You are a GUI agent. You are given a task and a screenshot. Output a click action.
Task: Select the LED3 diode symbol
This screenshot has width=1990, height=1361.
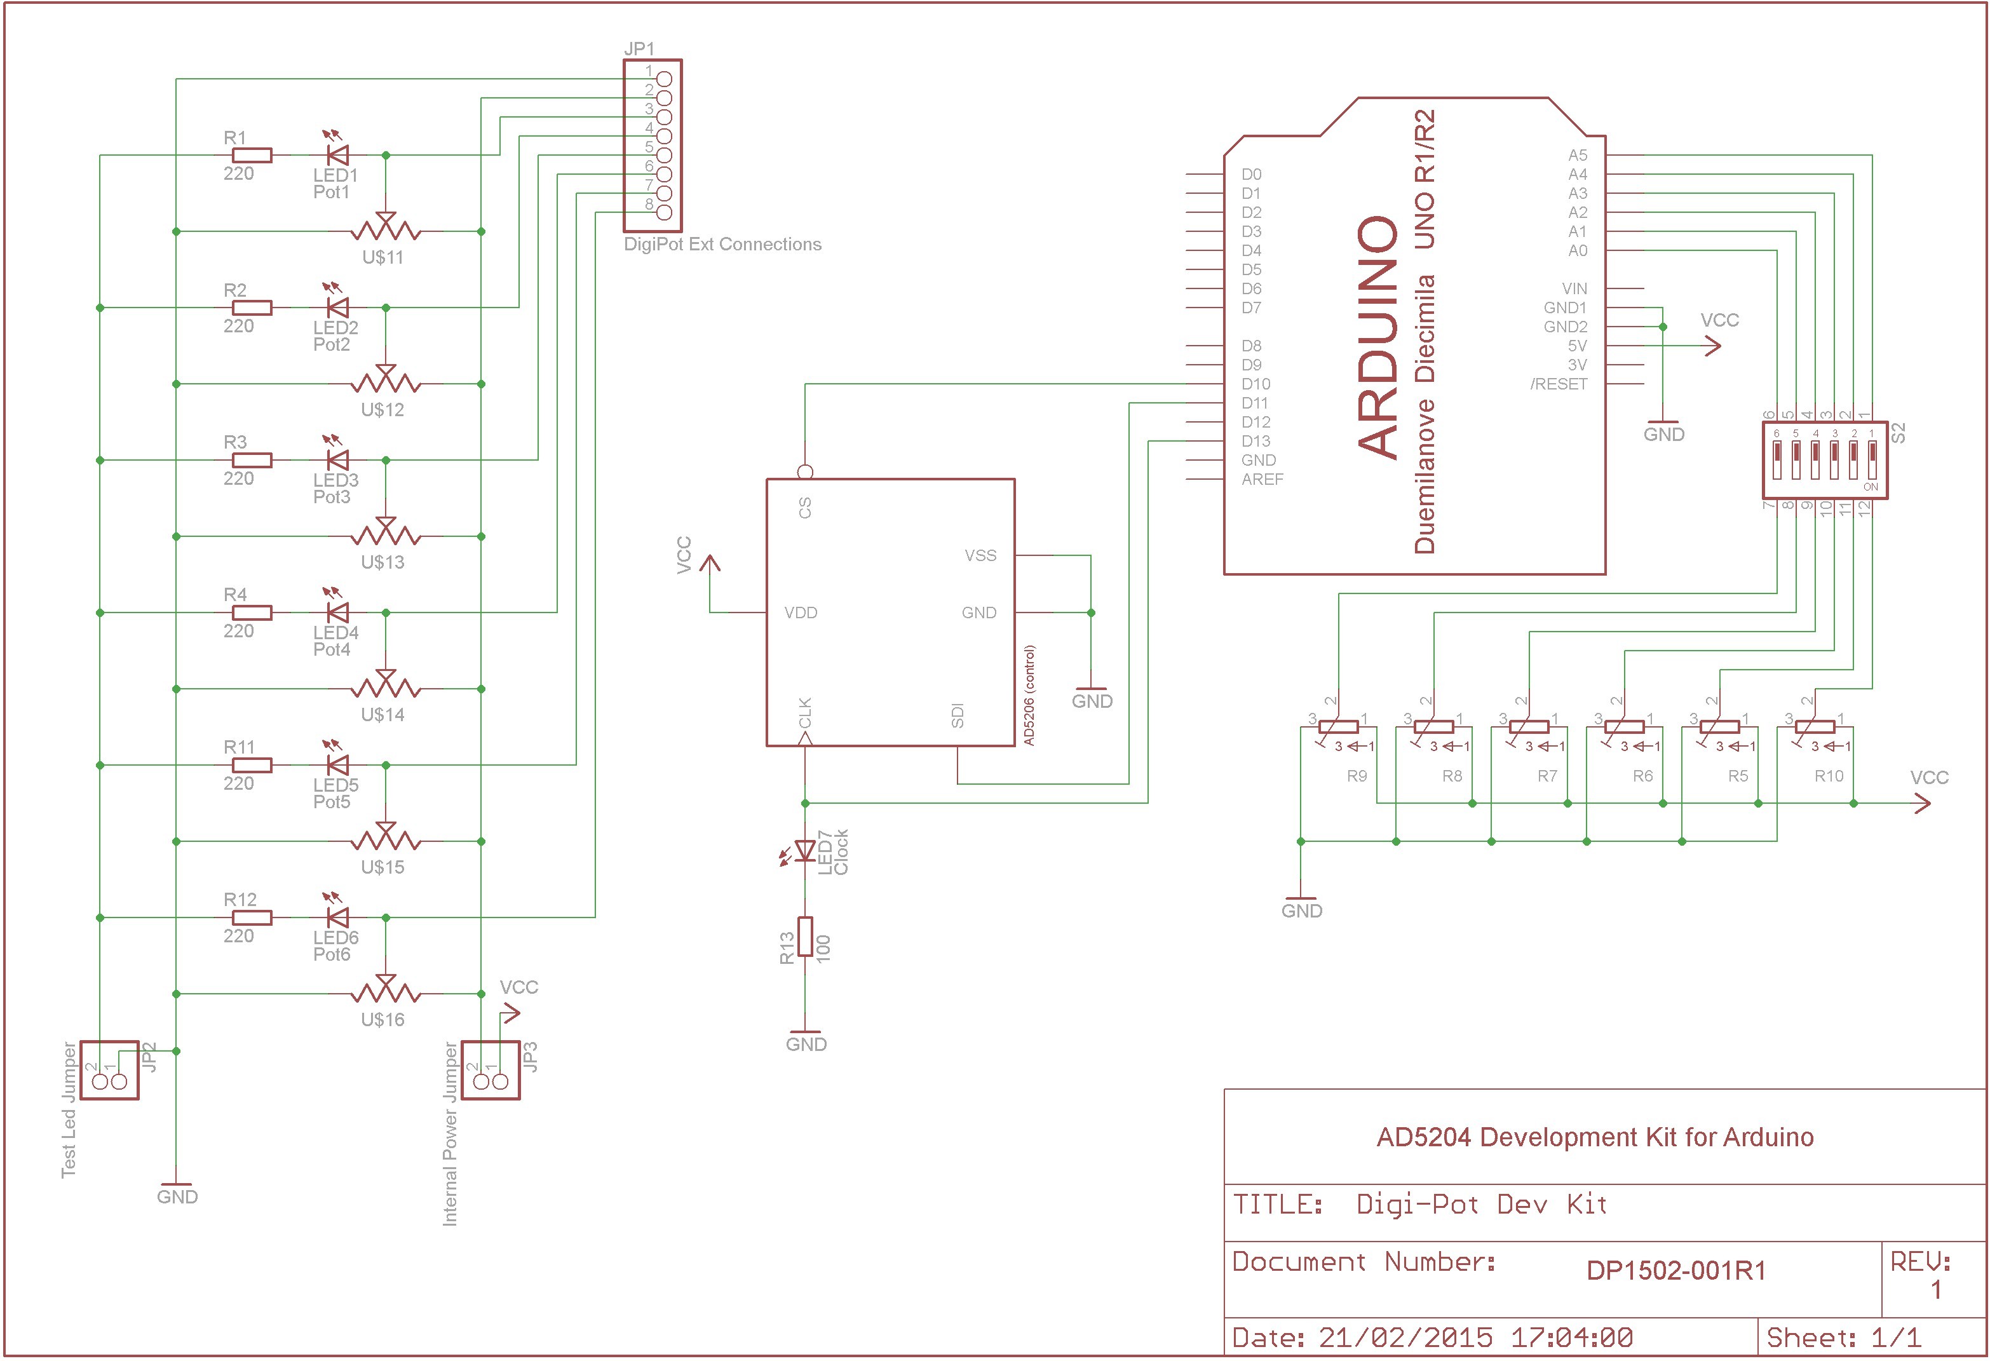(337, 460)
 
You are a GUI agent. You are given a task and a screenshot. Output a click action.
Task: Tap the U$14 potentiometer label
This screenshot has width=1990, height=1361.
(382, 714)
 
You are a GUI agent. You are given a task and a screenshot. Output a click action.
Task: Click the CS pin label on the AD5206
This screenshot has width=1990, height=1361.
(805, 508)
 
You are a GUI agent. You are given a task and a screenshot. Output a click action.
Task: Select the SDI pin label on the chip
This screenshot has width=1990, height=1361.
(958, 716)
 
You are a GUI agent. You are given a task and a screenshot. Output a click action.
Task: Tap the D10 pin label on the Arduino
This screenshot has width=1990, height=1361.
(1256, 384)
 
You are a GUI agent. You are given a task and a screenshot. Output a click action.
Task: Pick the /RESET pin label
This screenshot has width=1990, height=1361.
(1559, 384)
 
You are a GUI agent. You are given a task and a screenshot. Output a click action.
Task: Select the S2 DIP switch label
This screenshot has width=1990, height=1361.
(1899, 433)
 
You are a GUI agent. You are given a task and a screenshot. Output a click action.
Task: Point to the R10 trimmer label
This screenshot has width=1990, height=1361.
(1829, 776)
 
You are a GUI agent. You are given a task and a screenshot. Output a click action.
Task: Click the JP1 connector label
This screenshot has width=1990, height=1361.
(639, 49)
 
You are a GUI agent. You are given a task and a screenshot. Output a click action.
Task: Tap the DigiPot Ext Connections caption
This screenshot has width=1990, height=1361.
(722, 244)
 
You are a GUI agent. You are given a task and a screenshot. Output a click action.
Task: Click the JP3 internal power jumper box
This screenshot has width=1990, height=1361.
(491, 1070)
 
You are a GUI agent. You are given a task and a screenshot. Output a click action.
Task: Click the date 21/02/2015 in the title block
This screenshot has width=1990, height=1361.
(1405, 1337)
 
